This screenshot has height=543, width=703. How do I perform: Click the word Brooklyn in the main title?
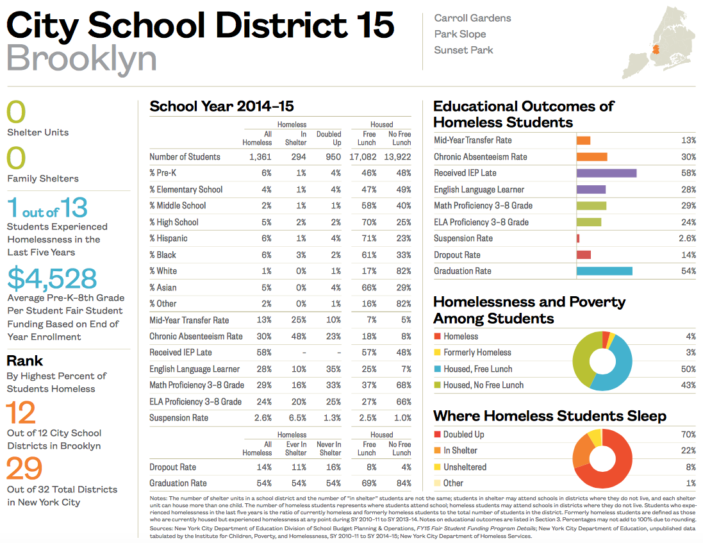(81, 58)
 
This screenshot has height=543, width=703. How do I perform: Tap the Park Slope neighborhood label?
(459, 34)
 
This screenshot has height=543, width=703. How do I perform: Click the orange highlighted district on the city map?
(656, 49)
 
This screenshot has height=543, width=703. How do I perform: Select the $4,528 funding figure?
(52, 278)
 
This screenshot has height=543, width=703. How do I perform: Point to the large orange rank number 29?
(24, 469)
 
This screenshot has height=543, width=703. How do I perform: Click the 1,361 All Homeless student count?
(259, 156)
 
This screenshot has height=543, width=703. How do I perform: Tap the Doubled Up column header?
(329, 138)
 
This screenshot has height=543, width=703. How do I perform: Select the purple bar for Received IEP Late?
(606, 173)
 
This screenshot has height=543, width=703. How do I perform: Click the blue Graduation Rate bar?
(604, 271)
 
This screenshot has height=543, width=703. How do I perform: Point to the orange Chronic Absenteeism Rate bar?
(591, 157)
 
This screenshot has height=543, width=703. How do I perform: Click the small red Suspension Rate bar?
(578, 238)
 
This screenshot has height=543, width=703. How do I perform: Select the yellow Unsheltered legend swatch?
(437, 467)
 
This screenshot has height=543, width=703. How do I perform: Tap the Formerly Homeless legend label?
(477, 353)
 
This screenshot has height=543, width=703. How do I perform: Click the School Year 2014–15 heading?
(221, 106)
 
